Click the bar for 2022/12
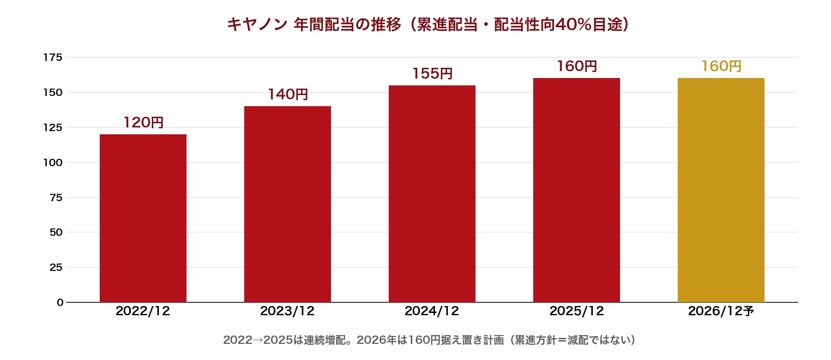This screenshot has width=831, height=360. click(x=143, y=218)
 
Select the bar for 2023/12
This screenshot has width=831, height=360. click(x=288, y=204)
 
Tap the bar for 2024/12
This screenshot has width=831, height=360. click(x=432, y=194)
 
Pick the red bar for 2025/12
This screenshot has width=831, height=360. click(x=577, y=190)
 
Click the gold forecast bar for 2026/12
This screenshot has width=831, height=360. click(x=721, y=190)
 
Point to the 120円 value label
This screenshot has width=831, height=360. click(x=143, y=122)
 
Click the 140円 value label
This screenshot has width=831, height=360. click(x=288, y=94)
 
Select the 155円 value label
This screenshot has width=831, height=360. click(x=432, y=73)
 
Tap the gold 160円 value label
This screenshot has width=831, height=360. click(x=721, y=66)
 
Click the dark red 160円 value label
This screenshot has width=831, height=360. click(x=577, y=66)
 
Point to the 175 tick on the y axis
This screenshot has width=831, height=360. click(x=53, y=57)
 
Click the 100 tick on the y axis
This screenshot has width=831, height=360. click(x=53, y=162)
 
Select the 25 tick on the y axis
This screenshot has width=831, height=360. click(x=56, y=267)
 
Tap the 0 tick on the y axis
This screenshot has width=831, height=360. click(x=60, y=302)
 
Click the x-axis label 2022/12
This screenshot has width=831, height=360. click(x=143, y=311)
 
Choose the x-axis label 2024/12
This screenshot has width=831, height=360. click(x=432, y=311)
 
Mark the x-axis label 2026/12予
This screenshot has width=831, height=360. click(x=721, y=311)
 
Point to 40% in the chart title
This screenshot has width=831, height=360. click(x=573, y=24)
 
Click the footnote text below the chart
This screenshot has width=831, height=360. click(x=429, y=340)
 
